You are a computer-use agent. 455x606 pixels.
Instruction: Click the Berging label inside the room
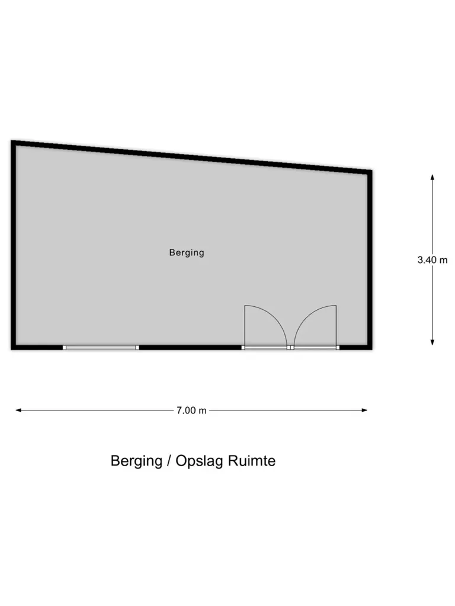[187, 253]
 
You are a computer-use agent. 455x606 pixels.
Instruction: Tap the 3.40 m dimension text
[432, 260]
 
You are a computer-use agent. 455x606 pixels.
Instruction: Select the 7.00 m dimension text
[191, 411]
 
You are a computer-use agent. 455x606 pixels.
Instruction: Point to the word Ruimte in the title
[252, 461]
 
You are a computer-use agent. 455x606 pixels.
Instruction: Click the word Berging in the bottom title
[136, 461]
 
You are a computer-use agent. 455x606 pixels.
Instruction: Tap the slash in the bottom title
[169, 461]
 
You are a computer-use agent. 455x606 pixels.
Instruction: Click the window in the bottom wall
[101, 348]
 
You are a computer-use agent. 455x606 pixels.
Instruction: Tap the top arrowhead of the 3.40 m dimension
[432, 177]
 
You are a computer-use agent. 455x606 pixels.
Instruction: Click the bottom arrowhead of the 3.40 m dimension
[432, 342]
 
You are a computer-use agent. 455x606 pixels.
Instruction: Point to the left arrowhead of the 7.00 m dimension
[18, 411]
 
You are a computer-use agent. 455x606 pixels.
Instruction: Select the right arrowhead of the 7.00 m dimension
[364, 411]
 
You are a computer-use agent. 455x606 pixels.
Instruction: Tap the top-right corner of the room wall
[372, 171]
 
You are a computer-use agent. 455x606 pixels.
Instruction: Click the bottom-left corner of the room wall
[11, 350]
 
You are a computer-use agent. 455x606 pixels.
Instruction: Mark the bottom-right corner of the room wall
[372, 350]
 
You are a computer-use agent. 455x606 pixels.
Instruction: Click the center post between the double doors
[290, 348]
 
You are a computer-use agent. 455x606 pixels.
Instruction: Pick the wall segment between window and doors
[190, 348]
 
